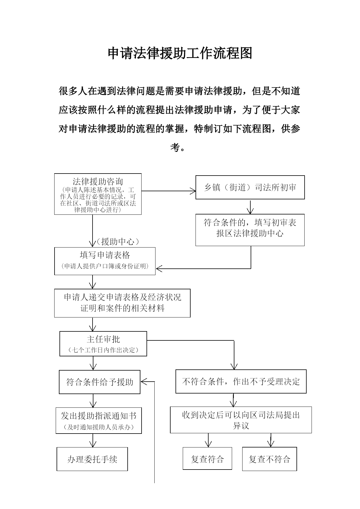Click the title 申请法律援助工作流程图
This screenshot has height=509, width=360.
(x=180, y=53)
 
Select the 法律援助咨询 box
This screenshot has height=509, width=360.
(x=98, y=194)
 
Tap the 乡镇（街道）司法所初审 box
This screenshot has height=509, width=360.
(x=250, y=187)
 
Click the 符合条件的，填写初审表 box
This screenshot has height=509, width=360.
(x=250, y=230)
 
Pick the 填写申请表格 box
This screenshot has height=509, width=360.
(x=105, y=261)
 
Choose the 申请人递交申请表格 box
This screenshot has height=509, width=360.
(x=122, y=303)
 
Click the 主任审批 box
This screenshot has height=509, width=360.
(x=103, y=344)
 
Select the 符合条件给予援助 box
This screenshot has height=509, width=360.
(x=100, y=382)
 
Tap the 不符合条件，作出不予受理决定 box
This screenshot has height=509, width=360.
(x=241, y=381)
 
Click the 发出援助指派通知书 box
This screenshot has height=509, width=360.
(x=99, y=420)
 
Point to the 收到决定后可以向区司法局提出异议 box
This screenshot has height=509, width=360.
(x=241, y=420)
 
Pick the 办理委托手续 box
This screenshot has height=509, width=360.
(x=92, y=459)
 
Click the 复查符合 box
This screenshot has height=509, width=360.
(x=207, y=459)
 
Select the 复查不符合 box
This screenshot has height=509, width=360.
(x=269, y=459)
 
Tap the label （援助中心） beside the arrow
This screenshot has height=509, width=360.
(x=118, y=241)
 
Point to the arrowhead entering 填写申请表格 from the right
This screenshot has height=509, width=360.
(x=159, y=268)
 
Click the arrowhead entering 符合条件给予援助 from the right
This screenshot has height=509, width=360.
(x=144, y=382)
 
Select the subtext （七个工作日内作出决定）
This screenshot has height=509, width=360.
(x=103, y=350)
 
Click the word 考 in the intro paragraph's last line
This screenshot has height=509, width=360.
(x=175, y=147)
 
